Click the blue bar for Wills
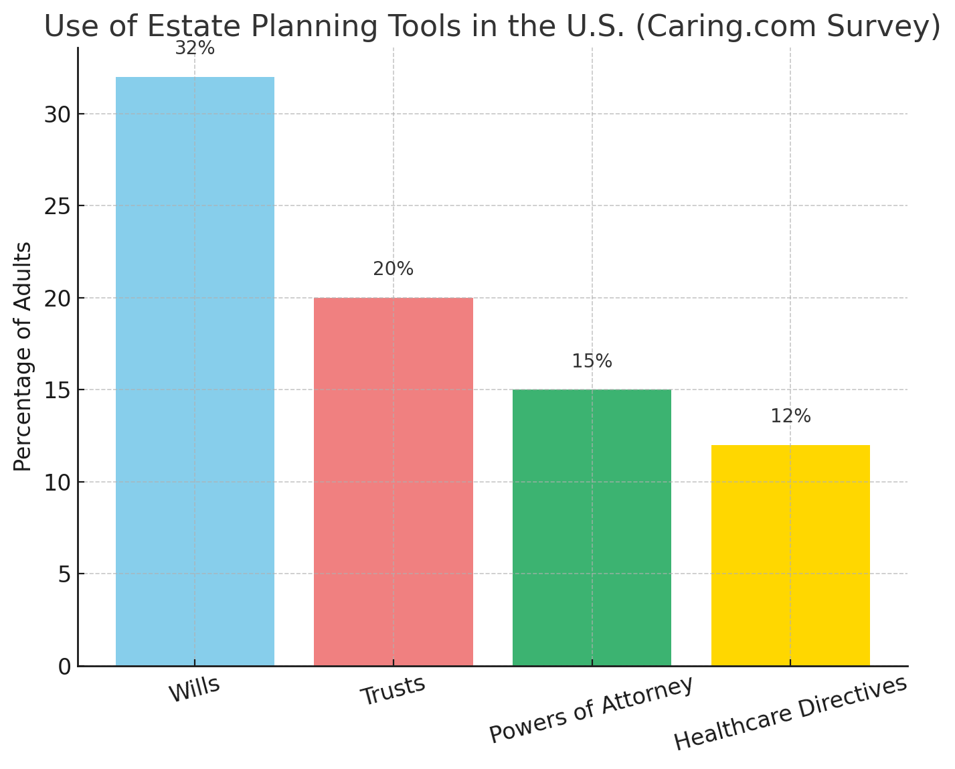tap(195, 371)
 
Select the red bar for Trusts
tap(394, 482)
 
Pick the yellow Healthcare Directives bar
tap(790, 556)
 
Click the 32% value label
tap(195, 48)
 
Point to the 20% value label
tap(394, 269)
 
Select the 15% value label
tap(592, 361)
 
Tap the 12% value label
tap(790, 416)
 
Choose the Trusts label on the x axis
tap(393, 691)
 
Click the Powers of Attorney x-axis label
tap(591, 709)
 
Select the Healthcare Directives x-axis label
tap(790, 713)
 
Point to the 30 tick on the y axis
tap(57, 114)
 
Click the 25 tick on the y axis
tap(57, 206)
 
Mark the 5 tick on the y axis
tap(64, 574)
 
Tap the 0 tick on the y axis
tap(64, 667)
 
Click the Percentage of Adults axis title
tap(23, 356)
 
